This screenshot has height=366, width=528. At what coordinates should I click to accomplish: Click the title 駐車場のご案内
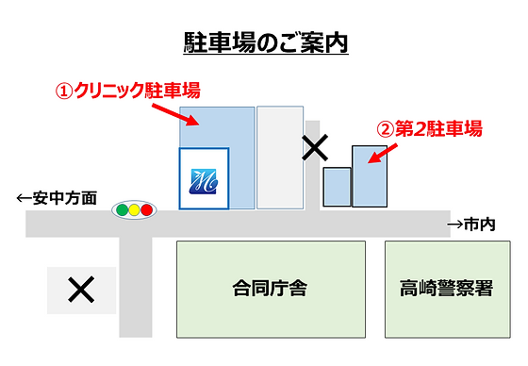265,43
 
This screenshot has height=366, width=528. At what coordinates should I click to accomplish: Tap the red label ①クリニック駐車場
128,91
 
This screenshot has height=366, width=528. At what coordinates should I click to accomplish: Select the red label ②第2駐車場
429,128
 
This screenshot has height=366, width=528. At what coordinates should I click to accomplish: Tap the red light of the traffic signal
146,209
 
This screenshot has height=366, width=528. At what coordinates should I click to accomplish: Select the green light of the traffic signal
120,209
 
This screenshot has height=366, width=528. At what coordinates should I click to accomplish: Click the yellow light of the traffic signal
133,209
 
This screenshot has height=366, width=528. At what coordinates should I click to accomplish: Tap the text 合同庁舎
270,289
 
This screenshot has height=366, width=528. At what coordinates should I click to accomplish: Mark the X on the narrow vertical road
314,147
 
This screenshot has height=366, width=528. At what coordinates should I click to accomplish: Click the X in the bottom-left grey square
81,291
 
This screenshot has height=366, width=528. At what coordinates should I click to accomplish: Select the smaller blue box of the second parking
336,186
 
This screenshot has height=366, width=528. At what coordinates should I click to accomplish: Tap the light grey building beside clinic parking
280,157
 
